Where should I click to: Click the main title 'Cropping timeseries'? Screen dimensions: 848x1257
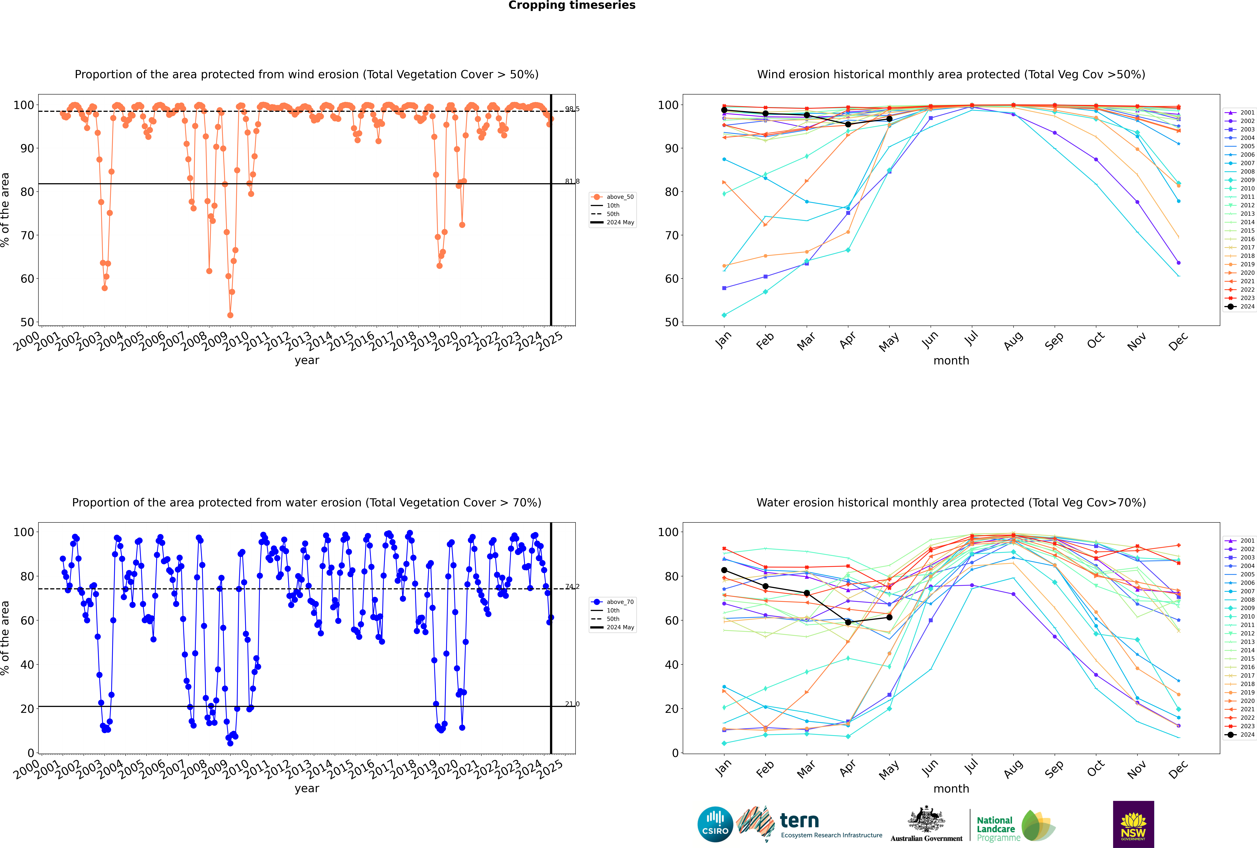pos(572,5)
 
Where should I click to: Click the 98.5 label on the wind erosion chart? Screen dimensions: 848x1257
pos(572,109)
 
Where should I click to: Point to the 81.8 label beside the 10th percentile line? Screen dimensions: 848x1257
pos(572,181)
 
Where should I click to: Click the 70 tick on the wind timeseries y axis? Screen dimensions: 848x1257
pos(27,235)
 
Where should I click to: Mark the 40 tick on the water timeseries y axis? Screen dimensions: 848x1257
pos(27,665)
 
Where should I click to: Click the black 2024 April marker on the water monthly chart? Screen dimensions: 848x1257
pos(848,623)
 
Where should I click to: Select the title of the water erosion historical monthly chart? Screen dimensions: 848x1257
pos(951,502)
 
